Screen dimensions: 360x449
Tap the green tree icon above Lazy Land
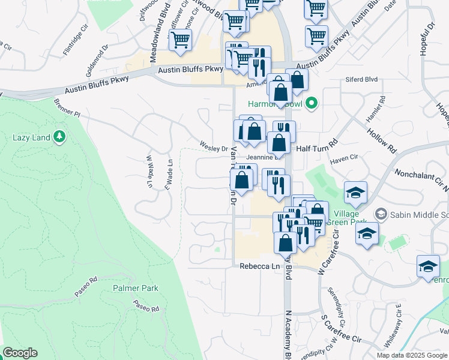point(59,137)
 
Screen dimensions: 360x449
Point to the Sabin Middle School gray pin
point(380,214)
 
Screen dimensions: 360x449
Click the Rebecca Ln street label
point(260,266)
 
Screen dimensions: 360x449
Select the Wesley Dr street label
point(214,148)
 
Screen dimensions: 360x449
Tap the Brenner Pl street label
point(68,108)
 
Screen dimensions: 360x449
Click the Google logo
point(20,353)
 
